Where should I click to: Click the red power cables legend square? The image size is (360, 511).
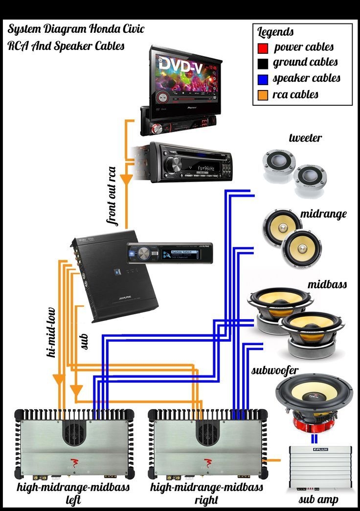pos(263,47)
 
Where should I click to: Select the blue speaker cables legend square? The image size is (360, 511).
pos(263,79)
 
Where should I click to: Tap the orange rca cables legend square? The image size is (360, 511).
pos(263,94)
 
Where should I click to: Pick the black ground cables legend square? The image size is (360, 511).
pos(263,63)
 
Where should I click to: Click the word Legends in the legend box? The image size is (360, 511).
pos(275,32)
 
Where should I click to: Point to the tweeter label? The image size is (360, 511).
pos(305,138)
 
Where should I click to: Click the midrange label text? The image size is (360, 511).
pos(323,214)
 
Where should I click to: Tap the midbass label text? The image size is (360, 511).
pos(327,284)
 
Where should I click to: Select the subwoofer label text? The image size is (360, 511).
pos(275,370)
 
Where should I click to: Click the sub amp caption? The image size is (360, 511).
pos(318,500)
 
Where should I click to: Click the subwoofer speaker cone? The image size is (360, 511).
pos(314,394)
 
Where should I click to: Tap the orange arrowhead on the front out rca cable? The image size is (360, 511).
pos(126,180)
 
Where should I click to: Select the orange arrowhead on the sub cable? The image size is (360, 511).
pos(76,391)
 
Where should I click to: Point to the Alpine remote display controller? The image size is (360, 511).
pos(169,253)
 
